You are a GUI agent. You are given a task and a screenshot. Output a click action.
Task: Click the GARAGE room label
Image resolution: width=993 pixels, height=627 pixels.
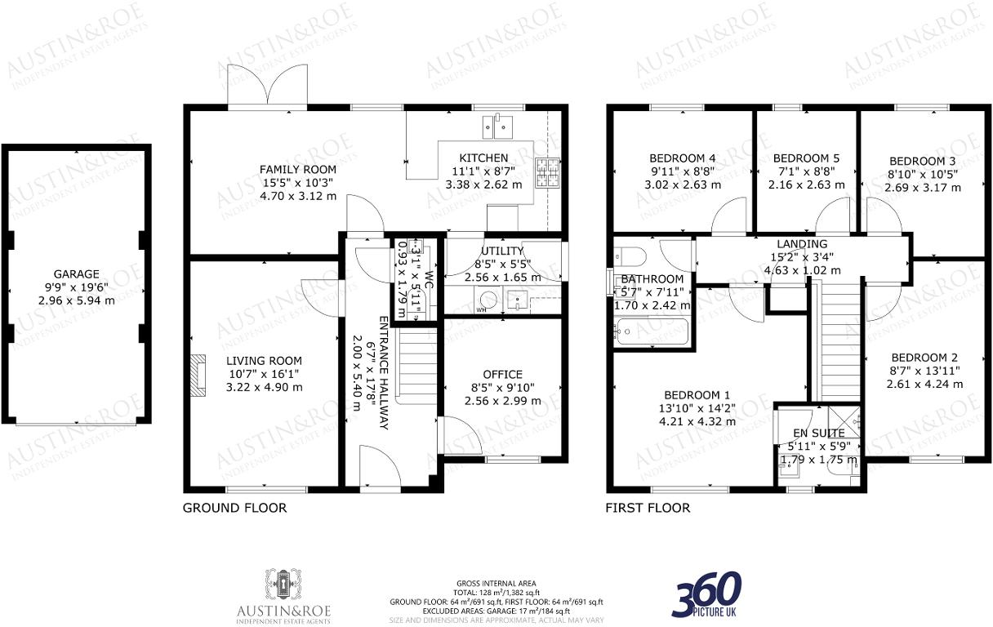[77, 274]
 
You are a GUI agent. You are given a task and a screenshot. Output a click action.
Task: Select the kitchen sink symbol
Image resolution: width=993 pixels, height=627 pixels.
[497, 125]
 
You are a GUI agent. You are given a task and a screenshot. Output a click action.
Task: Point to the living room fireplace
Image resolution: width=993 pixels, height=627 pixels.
[198, 371]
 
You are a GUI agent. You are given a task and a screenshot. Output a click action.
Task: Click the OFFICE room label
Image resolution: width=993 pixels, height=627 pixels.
[502, 375]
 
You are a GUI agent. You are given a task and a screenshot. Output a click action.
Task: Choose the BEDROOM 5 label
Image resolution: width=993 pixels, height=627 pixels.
[806, 158]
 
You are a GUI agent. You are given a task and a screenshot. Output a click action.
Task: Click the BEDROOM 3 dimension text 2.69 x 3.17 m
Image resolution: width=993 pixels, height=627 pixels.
[923, 188]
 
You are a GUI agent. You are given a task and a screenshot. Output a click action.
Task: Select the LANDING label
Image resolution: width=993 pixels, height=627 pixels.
[802, 244]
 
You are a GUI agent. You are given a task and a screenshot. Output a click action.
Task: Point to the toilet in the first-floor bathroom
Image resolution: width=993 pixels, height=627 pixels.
[630, 255]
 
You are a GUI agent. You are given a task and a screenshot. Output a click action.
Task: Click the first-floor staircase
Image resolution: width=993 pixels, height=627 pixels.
[835, 336]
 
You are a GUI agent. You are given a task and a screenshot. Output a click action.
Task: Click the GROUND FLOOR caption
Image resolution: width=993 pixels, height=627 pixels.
[234, 508]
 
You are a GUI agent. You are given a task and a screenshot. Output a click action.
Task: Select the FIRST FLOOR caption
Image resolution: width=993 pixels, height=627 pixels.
[648, 508]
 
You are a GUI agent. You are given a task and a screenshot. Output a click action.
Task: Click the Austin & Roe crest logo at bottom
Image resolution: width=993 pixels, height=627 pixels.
[283, 585]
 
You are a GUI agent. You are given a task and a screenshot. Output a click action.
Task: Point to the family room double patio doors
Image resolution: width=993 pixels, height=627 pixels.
[267, 87]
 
